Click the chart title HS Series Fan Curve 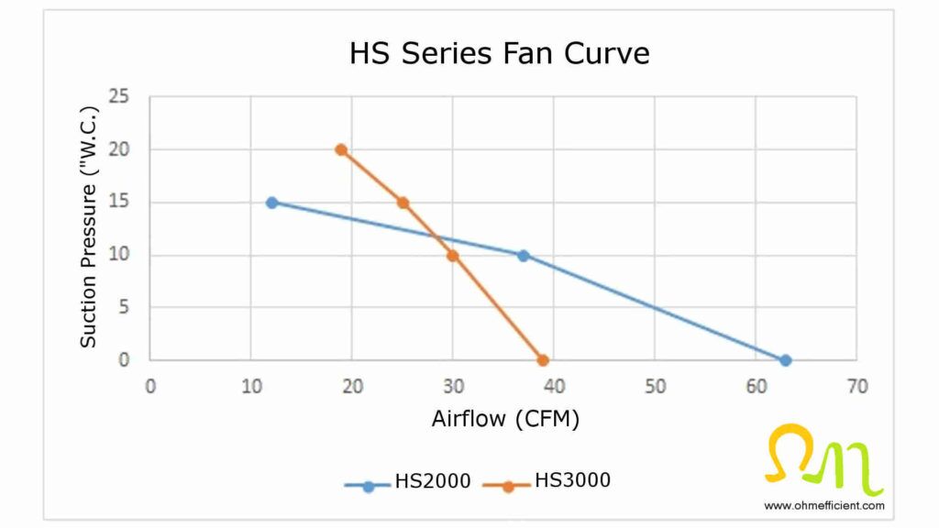click(499, 53)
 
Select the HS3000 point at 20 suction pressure click(341, 149)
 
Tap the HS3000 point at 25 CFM click(403, 203)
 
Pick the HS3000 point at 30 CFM click(452, 255)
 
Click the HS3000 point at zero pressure click(543, 360)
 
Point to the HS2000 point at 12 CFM click(271, 203)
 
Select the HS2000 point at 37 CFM click(523, 256)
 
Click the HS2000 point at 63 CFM click(785, 360)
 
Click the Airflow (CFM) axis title click(505, 419)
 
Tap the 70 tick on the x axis click(856, 386)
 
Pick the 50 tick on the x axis click(655, 386)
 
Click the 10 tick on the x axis click(250, 386)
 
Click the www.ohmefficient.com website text click(823, 505)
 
